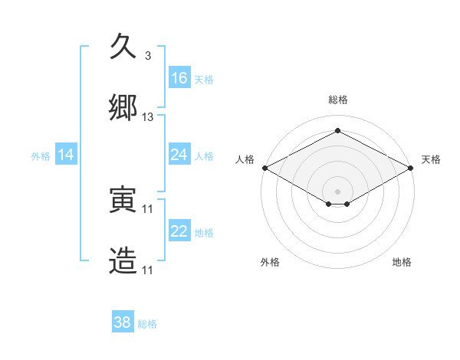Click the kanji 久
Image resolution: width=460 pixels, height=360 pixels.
click(124, 48)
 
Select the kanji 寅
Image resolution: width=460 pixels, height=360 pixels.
click(124, 201)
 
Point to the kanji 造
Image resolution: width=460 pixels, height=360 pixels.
click(124, 260)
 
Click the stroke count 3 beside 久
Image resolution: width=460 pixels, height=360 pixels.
click(148, 56)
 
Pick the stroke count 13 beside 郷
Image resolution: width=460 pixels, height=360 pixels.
click(148, 117)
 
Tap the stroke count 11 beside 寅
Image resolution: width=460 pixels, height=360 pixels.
click(148, 209)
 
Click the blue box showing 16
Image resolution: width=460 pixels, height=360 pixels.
click(179, 78)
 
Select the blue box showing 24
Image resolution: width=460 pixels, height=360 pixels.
click(179, 155)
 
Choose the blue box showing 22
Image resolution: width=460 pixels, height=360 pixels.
click(179, 232)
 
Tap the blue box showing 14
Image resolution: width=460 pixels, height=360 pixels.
click(66, 155)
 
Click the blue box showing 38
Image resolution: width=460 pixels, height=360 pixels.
click(123, 322)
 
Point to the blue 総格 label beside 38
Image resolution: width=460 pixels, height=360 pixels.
click(147, 324)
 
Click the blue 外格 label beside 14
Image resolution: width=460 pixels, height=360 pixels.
click(41, 156)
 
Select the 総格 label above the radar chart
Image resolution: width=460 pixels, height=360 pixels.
click(337, 100)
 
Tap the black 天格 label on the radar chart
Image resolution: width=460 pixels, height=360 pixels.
click(431, 159)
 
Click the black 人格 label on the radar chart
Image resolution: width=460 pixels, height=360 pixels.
click(245, 159)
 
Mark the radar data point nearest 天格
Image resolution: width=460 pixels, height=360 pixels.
click(412, 168)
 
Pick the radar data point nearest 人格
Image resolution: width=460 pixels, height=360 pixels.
click(264, 168)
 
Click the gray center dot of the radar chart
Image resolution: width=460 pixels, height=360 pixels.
click(337, 191)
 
